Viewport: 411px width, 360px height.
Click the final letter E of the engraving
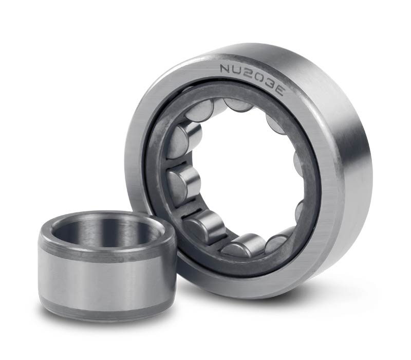278,90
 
